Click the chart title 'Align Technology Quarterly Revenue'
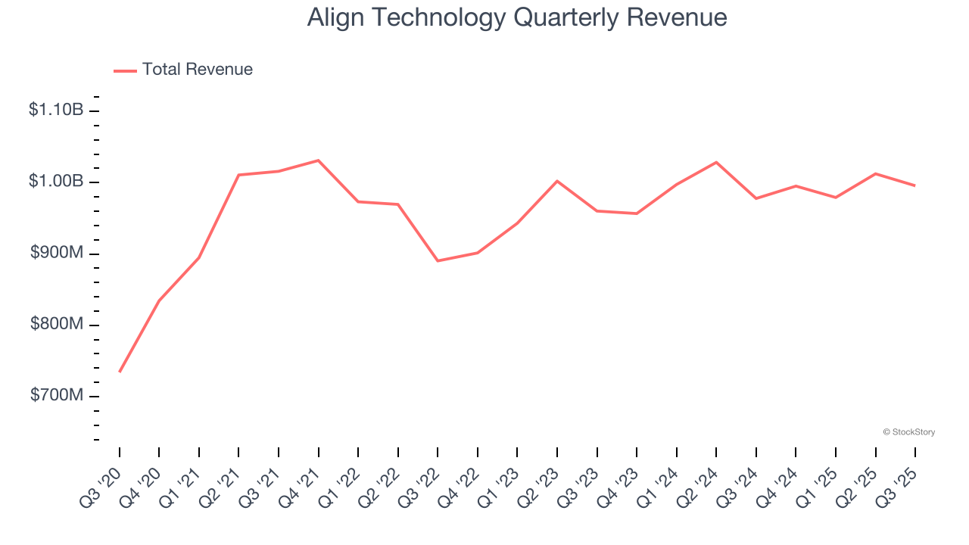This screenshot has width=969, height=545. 517,17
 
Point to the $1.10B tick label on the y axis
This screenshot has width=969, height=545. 56,111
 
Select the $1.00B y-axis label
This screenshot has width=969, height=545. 56,182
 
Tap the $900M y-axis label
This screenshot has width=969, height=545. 57,253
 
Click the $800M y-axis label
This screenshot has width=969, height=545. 57,325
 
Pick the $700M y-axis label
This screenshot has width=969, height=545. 57,396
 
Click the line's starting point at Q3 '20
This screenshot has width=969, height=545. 120,372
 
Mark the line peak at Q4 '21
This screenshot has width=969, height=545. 318,160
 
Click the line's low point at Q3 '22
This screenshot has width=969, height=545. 438,261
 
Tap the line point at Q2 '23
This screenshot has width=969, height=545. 557,181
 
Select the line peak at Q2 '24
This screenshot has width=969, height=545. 716,162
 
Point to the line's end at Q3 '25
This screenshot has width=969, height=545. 914,185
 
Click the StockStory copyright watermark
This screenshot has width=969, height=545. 908,432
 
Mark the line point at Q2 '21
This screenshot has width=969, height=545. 238,175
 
